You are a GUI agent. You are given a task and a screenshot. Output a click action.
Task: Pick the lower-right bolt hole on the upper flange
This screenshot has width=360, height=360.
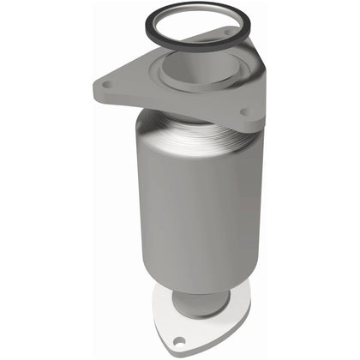click(245, 111)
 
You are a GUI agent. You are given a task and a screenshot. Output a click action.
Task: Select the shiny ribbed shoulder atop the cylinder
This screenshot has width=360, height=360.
click(184, 137)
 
